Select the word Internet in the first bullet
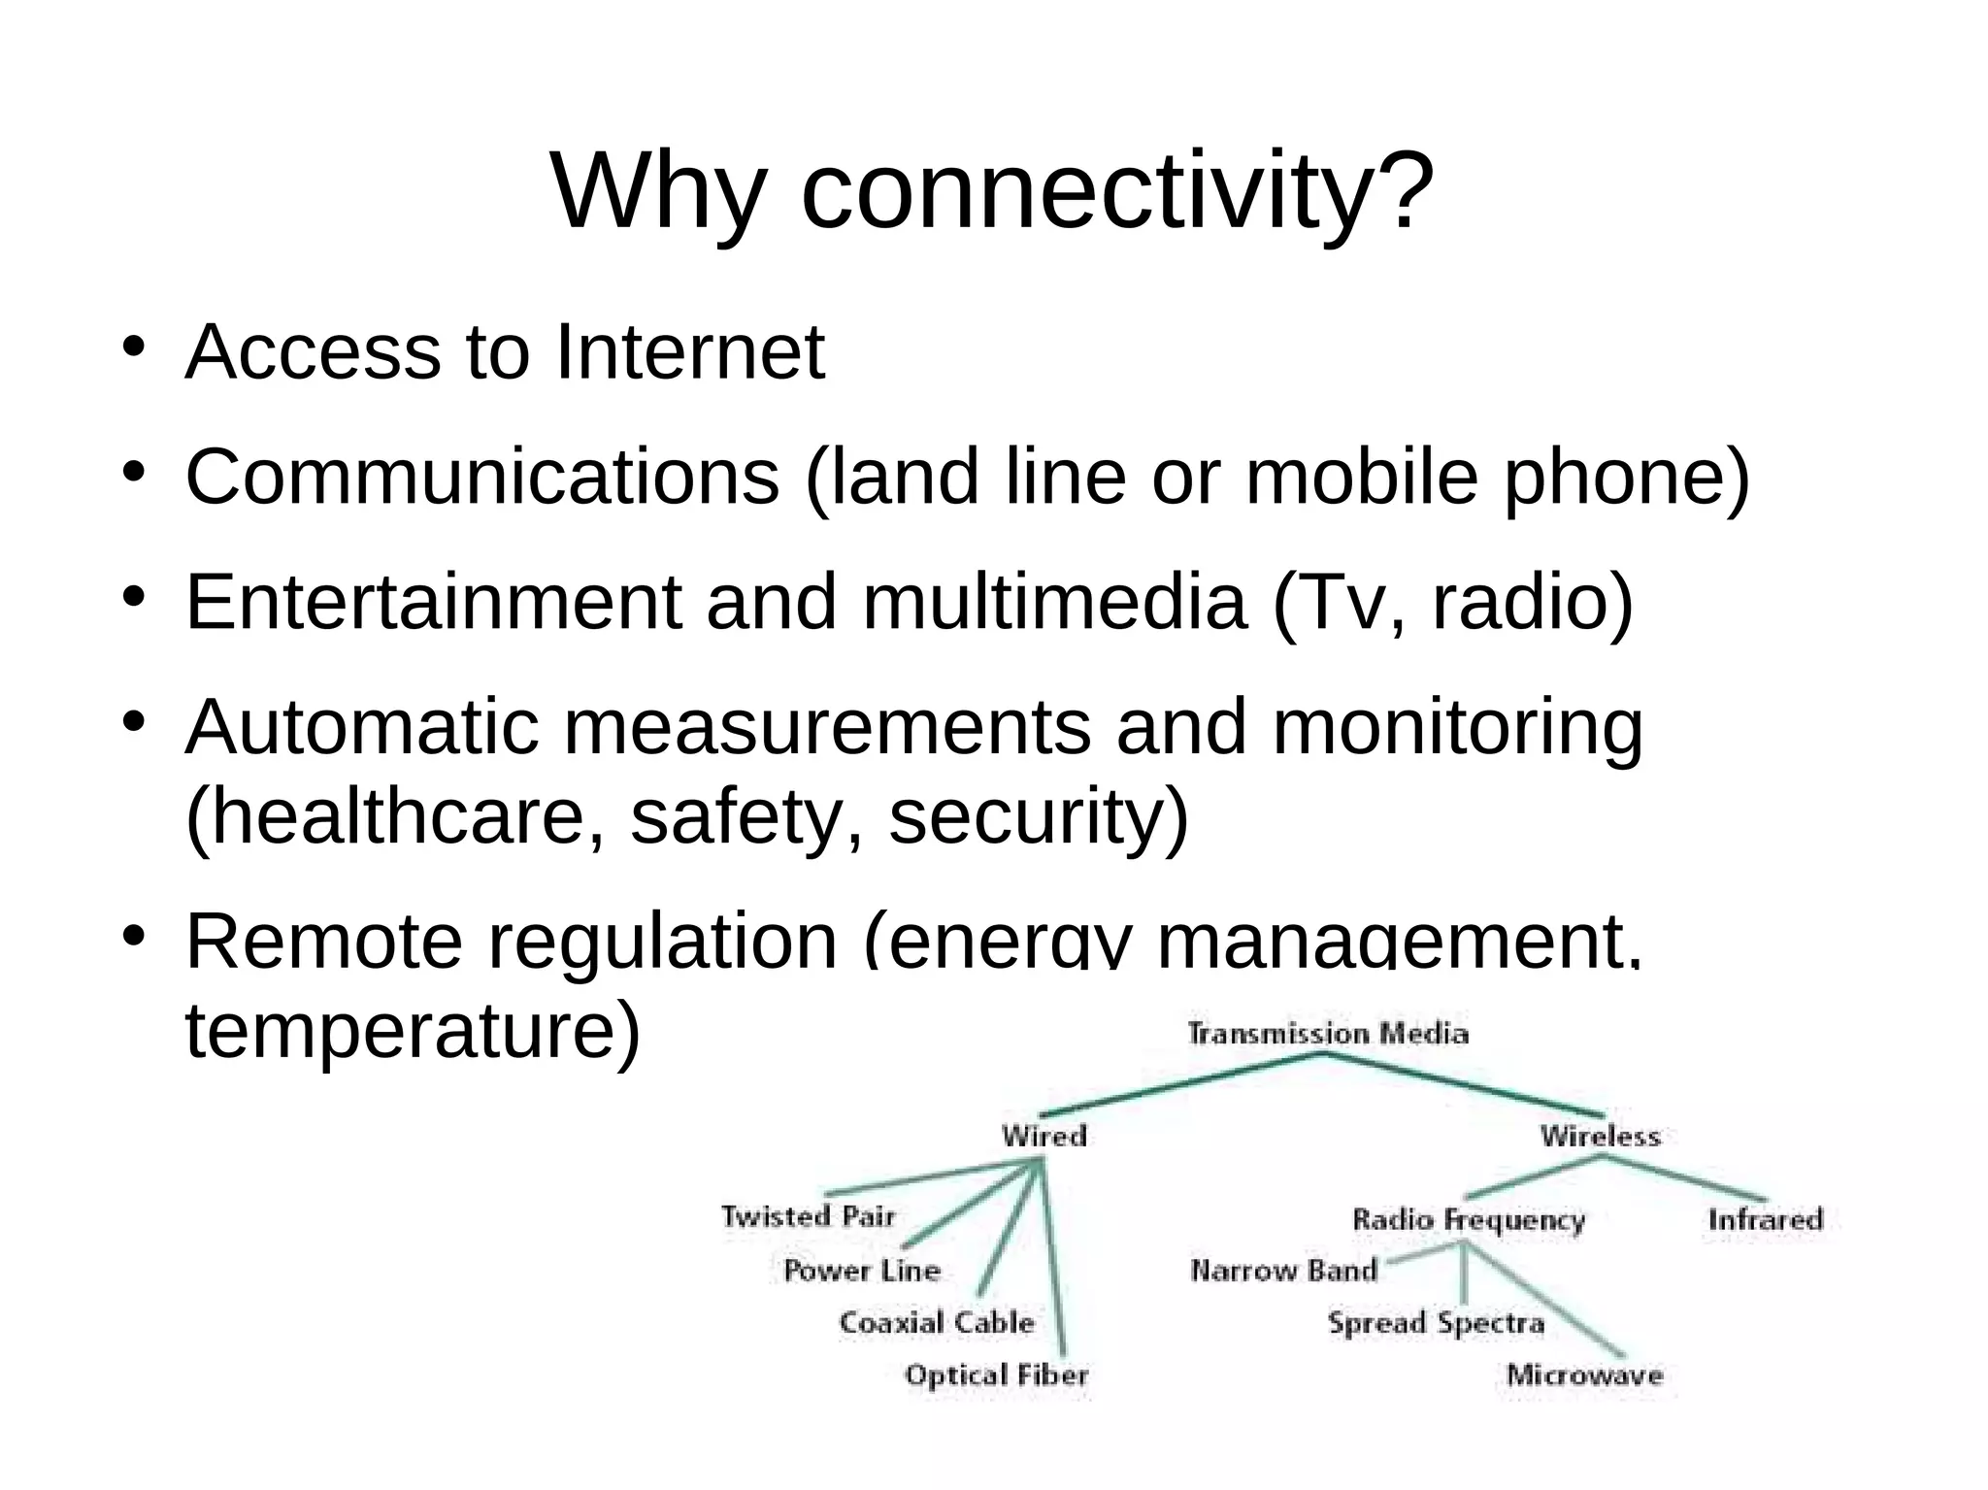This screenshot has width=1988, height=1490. [689, 351]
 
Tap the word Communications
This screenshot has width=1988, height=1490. [482, 477]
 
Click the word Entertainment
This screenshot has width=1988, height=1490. [433, 602]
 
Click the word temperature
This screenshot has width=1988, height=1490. [412, 1031]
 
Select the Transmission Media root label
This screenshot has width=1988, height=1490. [1328, 1034]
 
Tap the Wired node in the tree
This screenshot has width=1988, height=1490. [1044, 1136]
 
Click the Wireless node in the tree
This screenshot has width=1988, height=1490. [1600, 1136]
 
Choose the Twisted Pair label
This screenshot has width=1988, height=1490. [808, 1216]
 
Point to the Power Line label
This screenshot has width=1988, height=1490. [862, 1271]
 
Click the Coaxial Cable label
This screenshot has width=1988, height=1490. [937, 1322]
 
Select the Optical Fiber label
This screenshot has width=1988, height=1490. [996, 1374]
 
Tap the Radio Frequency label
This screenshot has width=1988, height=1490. [1469, 1220]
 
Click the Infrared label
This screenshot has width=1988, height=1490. [1766, 1219]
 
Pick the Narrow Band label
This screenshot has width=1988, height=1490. [1283, 1271]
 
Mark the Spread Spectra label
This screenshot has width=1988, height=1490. [1436, 1323]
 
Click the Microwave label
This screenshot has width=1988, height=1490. [1584, 1374]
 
